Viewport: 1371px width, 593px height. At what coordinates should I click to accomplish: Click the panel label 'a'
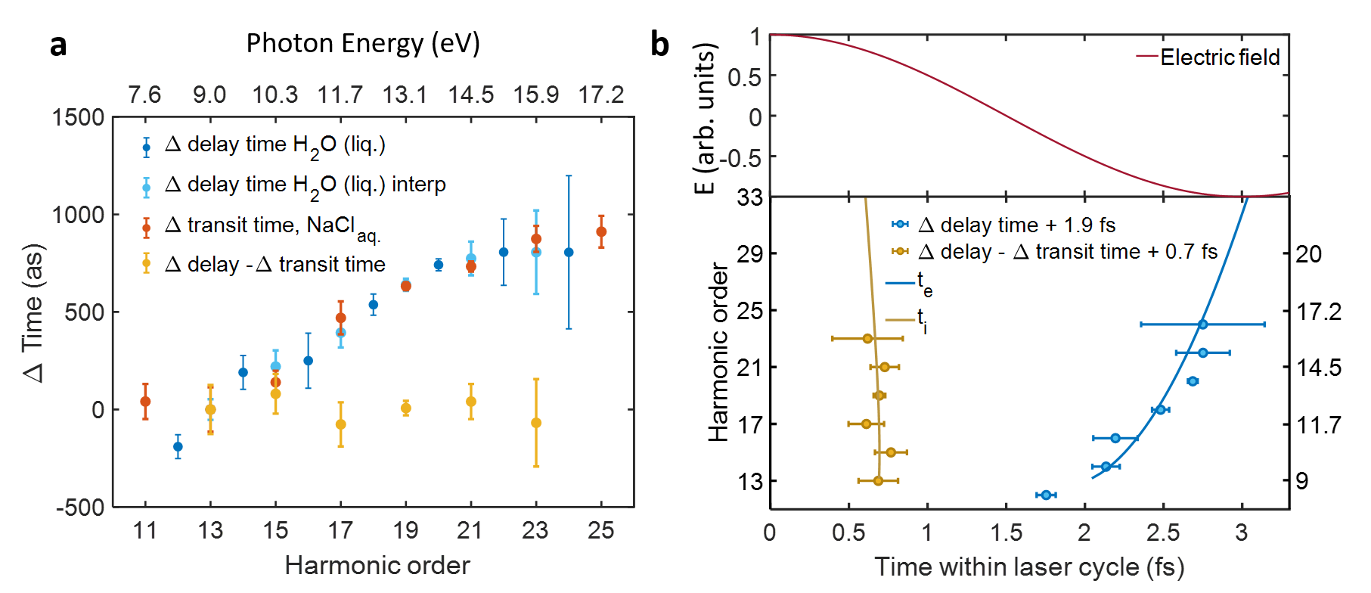point(58,45)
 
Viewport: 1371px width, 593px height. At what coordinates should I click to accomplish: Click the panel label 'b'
point(659,45)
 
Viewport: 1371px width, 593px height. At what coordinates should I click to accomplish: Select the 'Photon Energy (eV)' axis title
point(363,44)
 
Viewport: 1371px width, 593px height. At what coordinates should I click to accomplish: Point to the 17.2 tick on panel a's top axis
point(601,95)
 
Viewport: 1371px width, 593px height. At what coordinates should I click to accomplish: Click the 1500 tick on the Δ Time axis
point(78,117)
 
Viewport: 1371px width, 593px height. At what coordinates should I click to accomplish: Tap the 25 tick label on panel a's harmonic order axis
point(601,530)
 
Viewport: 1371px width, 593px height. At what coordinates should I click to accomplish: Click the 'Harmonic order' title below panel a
point(377,565)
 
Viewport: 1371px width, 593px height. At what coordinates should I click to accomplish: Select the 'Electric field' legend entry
point(1219,57)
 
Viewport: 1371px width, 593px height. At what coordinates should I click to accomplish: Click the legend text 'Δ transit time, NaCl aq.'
point(272,225)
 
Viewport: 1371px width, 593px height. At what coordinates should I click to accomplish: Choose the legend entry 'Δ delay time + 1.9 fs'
point(1016,225)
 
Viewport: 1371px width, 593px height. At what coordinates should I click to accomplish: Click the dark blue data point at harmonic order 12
point(178,446)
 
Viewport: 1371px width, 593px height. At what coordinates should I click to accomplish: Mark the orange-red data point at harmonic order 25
point(601,231)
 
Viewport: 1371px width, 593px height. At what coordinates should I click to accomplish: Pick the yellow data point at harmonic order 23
point(536,423)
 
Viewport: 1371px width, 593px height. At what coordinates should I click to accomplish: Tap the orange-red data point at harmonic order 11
point(145,402)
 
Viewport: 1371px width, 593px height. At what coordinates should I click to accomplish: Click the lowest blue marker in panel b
point(1046,495)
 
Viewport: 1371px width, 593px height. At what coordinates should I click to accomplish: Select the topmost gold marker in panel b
point(867,338)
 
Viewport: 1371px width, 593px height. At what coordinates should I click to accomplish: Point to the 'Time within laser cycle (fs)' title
point(1028,567)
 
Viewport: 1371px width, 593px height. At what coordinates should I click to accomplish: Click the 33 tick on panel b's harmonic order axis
point(750,198)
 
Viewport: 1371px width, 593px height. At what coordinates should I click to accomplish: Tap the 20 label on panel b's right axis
point(1308,254)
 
